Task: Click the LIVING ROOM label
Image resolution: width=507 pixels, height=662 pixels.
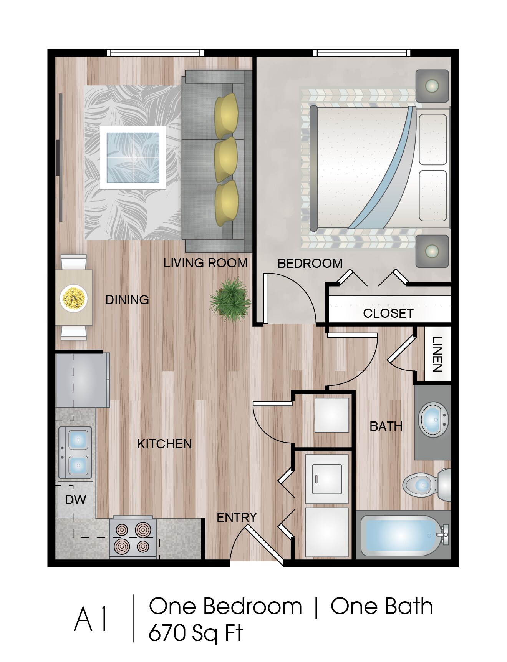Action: pyautogui.click(x=205, y=263)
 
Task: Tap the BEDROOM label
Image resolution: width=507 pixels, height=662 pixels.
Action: pyautogui.click(x=310, y=264)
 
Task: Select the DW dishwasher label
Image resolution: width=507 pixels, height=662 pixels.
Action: pyautogui.click(x=75, y=500)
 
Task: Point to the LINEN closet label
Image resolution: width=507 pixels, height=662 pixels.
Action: pyautogui.click(x=437, y=354)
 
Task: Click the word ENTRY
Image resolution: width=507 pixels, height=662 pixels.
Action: pyautogui.click(x=237, y=518)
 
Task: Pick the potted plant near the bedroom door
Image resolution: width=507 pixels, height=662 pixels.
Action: pyautogui.click(x=230, y=300)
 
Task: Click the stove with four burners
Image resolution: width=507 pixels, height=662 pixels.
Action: pyautogui.click(x=133, y=537)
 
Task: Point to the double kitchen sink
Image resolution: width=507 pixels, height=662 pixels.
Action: pyautogui.click(x=76, y=452)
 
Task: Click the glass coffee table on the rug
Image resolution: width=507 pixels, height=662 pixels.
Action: pyautogui.click(x=133, y=157)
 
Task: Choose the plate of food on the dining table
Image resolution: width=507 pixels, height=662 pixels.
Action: pyautogui.click(x=74, y=298)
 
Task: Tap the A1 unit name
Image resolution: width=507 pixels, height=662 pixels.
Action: pyautogui.click(x=91, y=619)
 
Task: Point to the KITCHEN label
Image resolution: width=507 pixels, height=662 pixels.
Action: pyautogui.click(x=164, y=444)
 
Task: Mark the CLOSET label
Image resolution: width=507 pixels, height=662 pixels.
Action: pyautogui.click(x=388, y=314)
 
